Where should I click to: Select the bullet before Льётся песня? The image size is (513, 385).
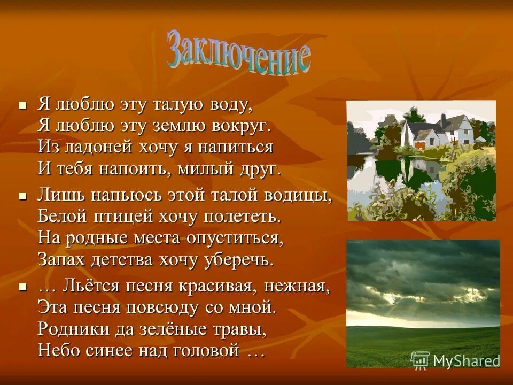tap(22, 287)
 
